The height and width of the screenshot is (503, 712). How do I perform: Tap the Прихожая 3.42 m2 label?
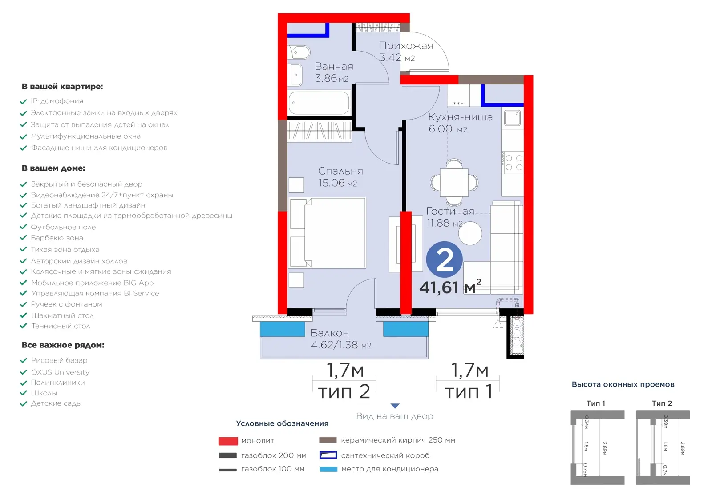click(x=406, y=52)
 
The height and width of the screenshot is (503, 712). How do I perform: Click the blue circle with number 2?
click(x=445, y=259)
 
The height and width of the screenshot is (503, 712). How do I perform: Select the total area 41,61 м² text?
click(x=450, y=287)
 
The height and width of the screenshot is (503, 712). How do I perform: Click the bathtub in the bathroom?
click(x=319, y=103)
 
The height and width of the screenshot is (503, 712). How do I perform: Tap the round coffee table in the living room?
click(x=470, y=233)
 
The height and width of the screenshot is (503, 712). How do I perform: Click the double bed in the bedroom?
click(x=328, y=233)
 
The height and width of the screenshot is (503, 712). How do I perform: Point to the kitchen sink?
click(x=512, y=118)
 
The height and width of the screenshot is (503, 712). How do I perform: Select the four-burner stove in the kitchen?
click(x=512, y=163)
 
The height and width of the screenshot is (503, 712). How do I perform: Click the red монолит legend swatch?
click(x=228, y=441)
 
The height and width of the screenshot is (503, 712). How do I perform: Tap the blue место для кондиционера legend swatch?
click(x=328, y=469)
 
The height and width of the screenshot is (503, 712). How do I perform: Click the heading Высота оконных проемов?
click(x=623, y=385)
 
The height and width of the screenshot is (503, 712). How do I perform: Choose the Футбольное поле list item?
click(x=63, y=227)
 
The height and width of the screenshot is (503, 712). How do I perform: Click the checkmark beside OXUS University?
click(x=23, y=372)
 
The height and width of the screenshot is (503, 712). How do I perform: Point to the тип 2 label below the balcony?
click(x=344, y=391)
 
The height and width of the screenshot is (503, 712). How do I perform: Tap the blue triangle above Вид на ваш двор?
click(x=395, y=406)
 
